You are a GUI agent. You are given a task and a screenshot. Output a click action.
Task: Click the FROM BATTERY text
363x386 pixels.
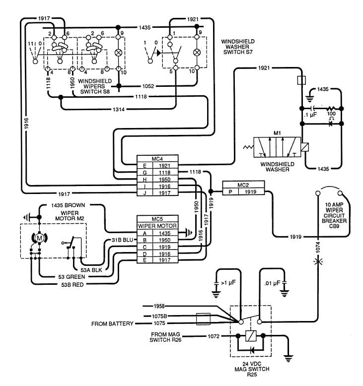[112, 323]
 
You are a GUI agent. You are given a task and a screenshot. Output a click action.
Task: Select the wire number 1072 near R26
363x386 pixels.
[214, 336]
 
